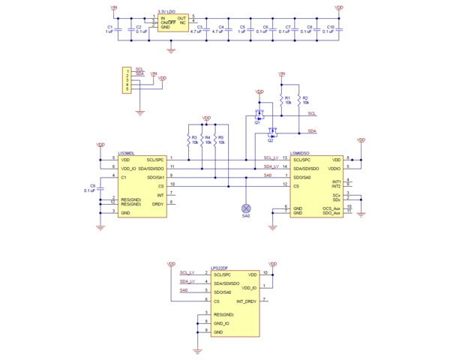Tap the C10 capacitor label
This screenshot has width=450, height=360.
coord(331,26)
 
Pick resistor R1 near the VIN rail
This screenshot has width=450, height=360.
coord(281,100)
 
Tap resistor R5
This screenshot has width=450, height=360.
coord(214,139)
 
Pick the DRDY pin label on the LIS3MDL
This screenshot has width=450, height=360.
coord(157,203)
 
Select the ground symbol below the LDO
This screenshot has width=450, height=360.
coord(171,50)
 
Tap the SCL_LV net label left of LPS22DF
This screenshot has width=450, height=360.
coord(187,273)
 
